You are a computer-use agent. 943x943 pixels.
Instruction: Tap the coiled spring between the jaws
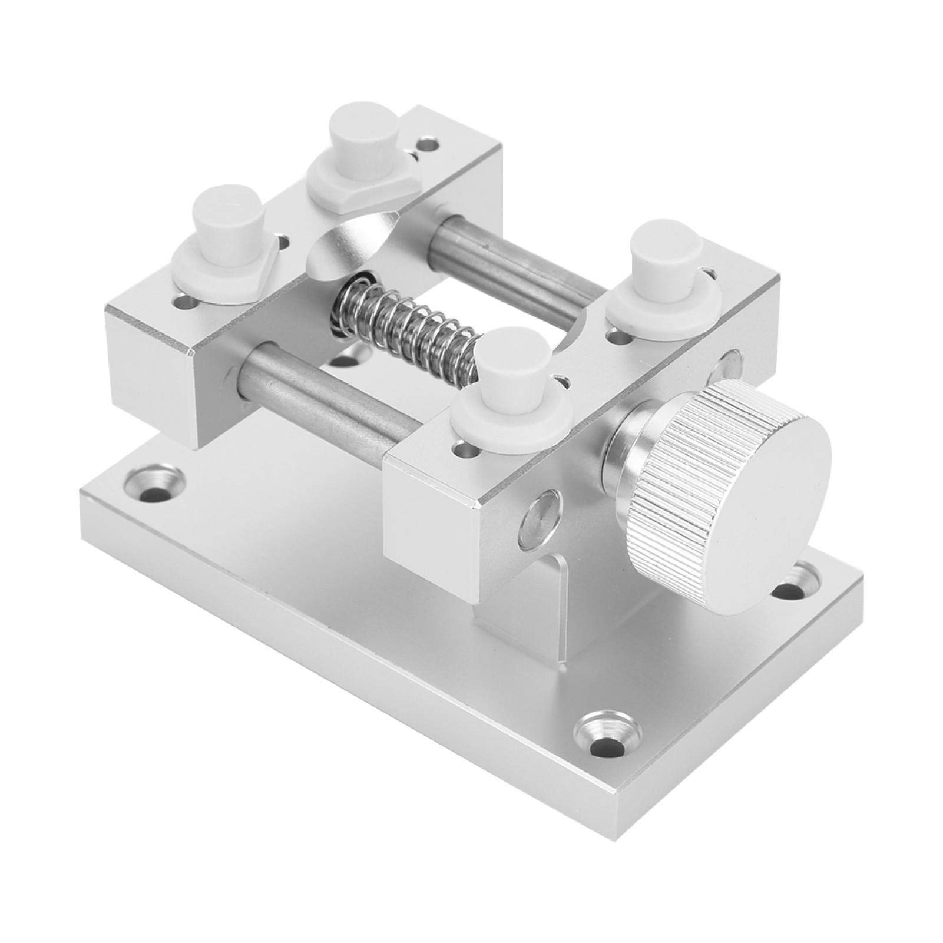[406, 330]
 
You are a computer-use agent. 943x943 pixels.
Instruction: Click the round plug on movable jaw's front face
[536, 521]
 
